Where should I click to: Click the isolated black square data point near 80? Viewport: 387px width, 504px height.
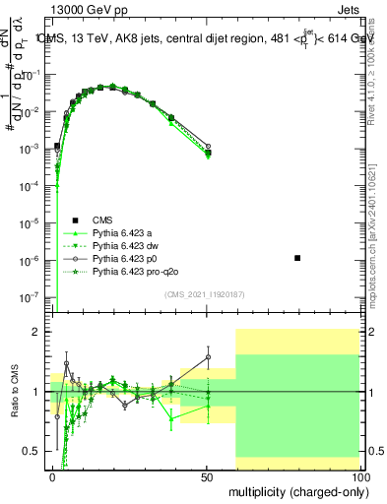[x=297, y=258]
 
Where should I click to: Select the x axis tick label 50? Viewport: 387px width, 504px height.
[x=206, y=475]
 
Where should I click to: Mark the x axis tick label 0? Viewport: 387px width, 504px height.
[x=53, y=475]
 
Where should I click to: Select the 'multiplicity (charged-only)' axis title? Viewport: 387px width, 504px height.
[x=294, y=491]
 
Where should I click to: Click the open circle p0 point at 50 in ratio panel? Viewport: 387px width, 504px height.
[x=208, y=356]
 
